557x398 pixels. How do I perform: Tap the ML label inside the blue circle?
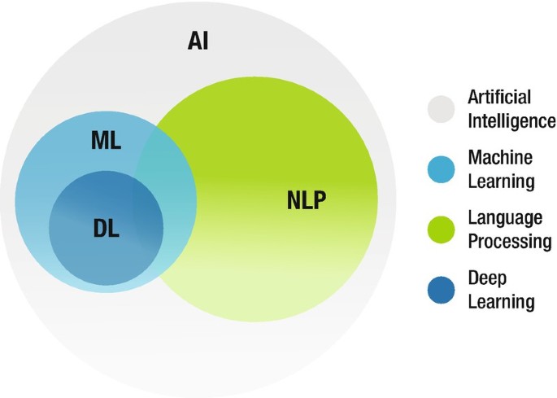coord(106,140)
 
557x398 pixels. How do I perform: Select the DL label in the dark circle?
coord(106,228)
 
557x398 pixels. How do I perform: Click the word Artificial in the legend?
coord(498,98)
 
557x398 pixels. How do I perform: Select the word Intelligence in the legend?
coord(511,121)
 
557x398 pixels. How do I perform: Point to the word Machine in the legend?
coord(499,157)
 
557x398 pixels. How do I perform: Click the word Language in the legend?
coord(504,218)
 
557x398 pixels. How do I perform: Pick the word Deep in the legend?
coord(487,278)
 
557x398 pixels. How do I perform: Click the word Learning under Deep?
coord(502,302)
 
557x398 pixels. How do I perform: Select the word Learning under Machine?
coord(502,180)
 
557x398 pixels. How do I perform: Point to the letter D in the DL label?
coord(99,228)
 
